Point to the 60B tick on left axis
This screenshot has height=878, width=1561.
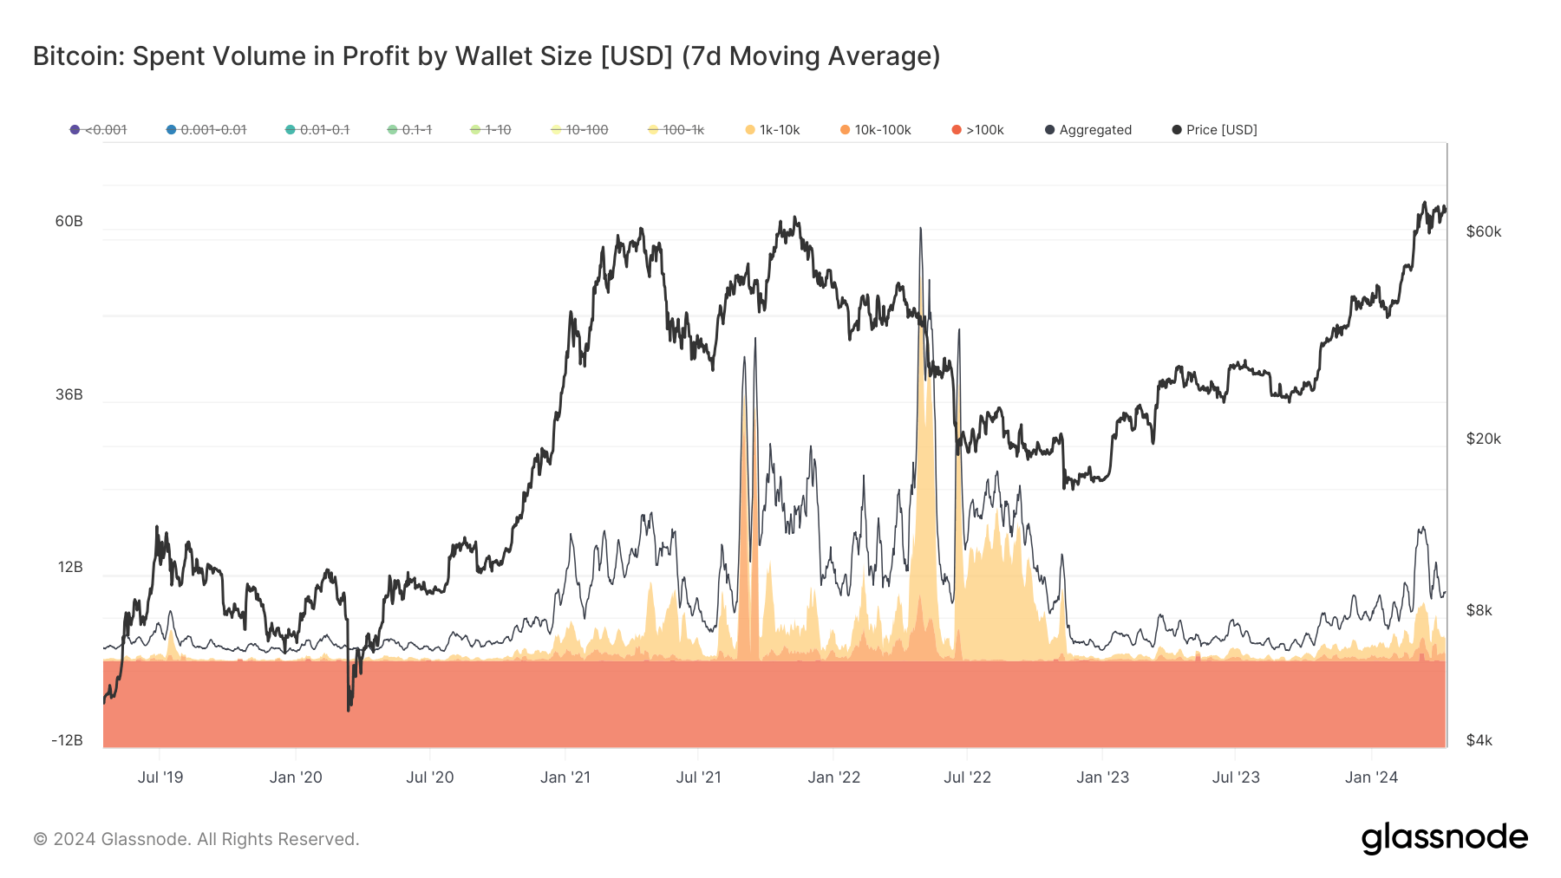69,221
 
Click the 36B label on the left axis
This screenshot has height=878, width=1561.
69,394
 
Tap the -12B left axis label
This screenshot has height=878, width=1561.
67,740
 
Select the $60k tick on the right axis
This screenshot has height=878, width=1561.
1483,231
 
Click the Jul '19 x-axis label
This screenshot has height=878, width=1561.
160,777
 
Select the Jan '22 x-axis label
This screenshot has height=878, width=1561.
833,777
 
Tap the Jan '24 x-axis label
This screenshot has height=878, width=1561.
1371,777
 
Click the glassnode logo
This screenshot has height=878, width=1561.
1444,838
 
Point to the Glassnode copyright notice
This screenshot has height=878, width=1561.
196,839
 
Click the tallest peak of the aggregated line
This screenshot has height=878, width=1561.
920,229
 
